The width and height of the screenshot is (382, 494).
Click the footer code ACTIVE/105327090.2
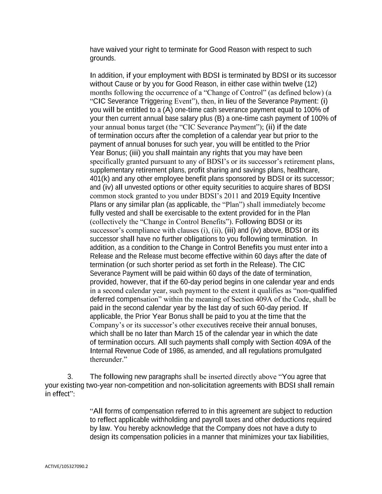[x=66, y=466]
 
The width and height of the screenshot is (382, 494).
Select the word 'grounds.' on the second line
[x=102, y=58]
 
